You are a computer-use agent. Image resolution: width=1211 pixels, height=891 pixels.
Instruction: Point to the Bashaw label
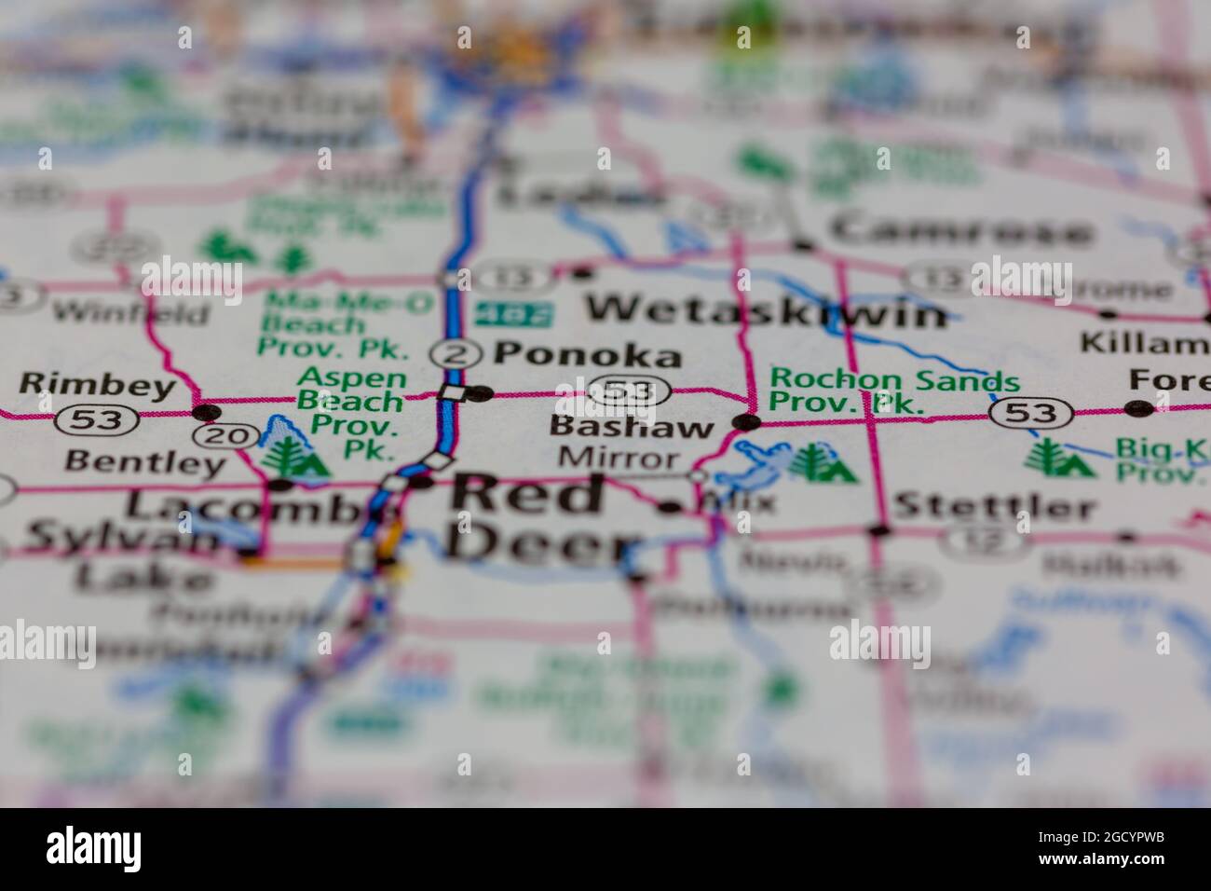pos(632,428)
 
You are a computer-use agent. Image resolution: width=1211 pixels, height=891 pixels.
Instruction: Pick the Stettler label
pos(993,508)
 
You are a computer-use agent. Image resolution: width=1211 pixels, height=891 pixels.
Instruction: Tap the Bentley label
pos(146,461)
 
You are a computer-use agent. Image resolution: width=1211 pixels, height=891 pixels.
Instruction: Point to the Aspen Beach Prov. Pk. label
pos(352,413)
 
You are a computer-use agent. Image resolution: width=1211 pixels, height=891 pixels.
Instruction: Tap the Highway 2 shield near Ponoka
pos(456,354)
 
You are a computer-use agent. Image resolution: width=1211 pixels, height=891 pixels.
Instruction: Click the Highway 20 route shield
pos(214,435)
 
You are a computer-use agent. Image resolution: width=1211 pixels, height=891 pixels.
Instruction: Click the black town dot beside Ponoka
pos(480,393)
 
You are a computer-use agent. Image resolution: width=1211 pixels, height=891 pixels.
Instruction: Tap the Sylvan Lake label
pos(121,556)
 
